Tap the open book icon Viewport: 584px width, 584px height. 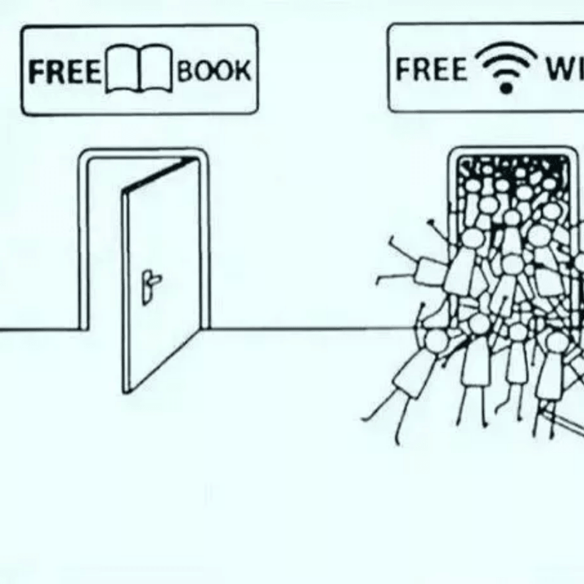139,69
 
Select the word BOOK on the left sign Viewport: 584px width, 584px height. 214,71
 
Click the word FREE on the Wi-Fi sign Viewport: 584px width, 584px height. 431,68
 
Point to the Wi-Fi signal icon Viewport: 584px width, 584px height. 506,67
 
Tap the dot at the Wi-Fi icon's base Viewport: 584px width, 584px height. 506,88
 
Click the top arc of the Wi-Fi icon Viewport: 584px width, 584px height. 506,50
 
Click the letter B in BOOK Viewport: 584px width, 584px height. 185,71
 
